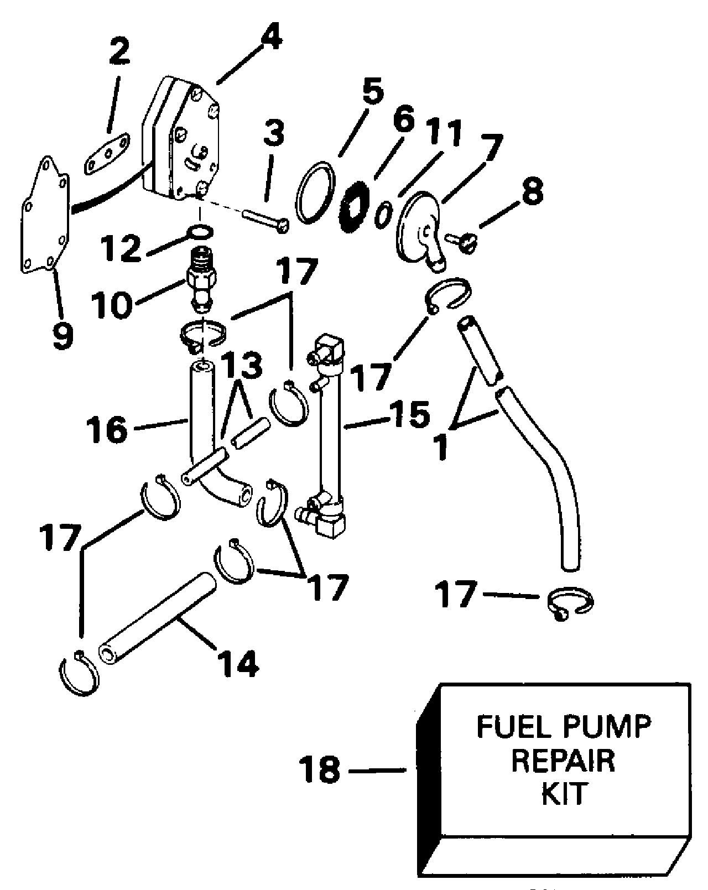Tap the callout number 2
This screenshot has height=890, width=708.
119,51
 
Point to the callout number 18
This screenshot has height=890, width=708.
320,769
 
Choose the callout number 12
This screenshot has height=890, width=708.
122,248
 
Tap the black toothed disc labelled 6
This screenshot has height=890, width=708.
354,207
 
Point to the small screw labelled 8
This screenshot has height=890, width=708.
462,242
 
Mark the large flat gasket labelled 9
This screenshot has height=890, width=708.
45,215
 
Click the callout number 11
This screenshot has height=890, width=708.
442,133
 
